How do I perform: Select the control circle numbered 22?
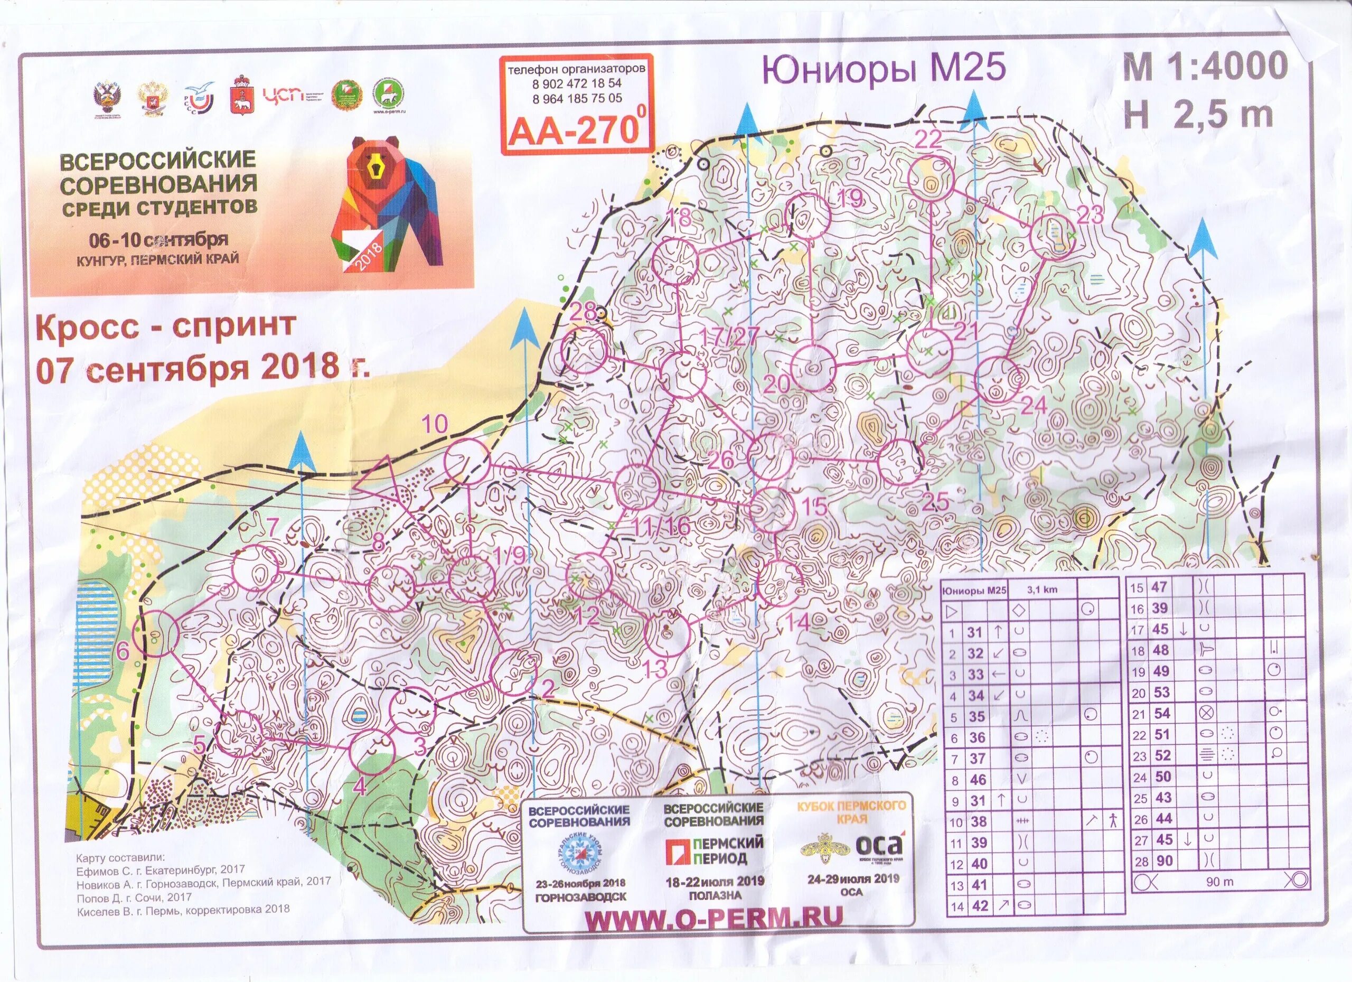(932, 177)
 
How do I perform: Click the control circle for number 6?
(155, 633)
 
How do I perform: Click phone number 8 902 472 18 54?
(576, 84)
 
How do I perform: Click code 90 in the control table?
(1163, 860)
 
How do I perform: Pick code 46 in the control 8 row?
(978, 779)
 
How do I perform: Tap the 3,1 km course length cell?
(1041, 590)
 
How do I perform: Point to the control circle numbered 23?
(1052, 236)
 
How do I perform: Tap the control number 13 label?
(656, 668)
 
